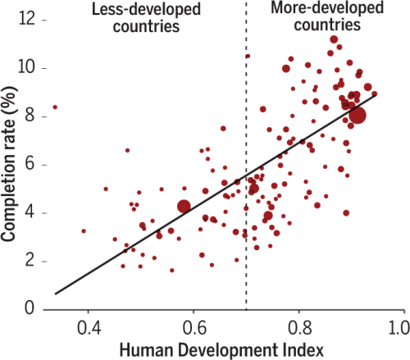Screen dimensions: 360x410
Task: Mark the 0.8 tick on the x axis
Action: [x=299, y=327]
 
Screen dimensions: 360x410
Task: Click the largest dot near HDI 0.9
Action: [x=358, y=116]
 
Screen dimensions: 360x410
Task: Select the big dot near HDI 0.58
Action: [x=184, y=207]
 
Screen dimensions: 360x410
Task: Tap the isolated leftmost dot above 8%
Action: [x=55, y=107]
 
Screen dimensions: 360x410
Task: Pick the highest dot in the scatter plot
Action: [x=334, y=39]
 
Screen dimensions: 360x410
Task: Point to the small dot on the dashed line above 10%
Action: [x=248, y=57]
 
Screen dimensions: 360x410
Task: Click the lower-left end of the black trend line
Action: [x=56, y=293]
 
